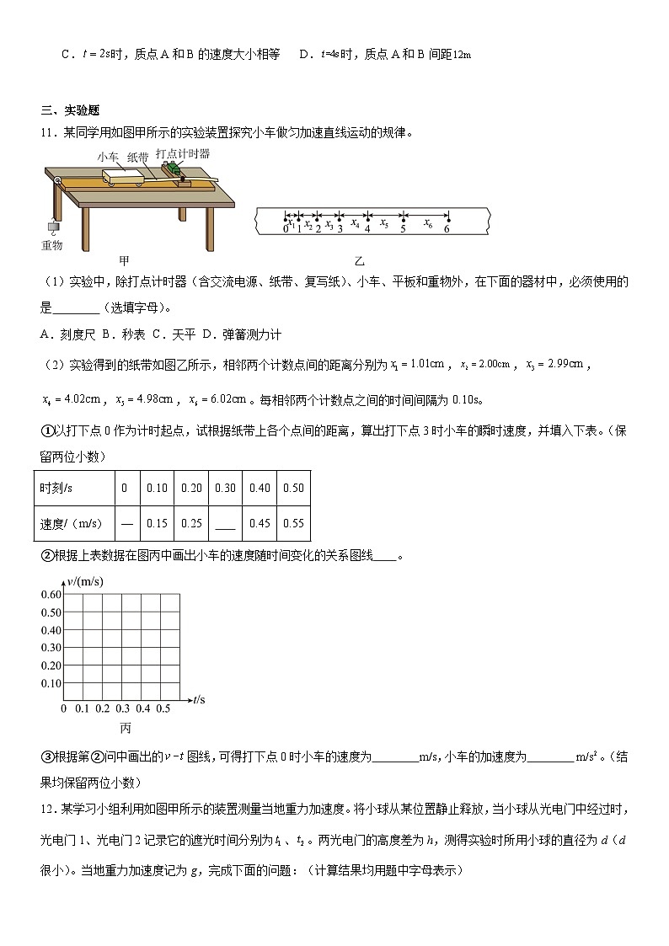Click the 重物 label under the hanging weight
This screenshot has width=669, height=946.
(52, 245)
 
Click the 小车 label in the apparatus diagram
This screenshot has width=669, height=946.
(107, 157)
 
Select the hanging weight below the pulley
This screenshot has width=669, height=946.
(51, 227)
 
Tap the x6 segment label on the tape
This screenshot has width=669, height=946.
(427, 224)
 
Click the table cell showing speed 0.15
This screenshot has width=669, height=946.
(157, 523)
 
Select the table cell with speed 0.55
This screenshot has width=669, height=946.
(293, 523)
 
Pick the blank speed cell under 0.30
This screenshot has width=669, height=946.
(225, 523)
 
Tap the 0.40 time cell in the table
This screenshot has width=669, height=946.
(260, 488)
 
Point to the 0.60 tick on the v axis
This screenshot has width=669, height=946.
(51, 595)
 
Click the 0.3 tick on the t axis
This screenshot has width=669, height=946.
(123, 708)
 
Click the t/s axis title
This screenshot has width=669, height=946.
(199, 699)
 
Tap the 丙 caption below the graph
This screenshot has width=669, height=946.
(126, 727)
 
